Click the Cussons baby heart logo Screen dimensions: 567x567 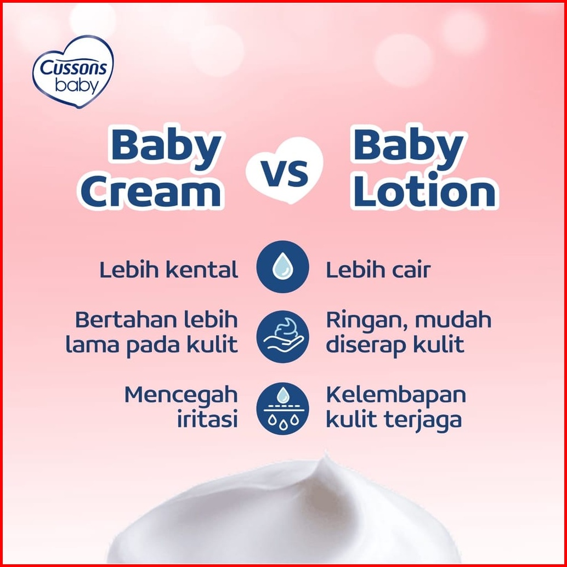pos(73,71)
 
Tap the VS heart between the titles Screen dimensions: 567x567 pos(285,171)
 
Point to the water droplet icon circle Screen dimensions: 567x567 pos(283,267)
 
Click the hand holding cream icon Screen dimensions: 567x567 pos(283,336)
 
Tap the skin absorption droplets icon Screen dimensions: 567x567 pos(283,409)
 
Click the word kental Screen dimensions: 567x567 pos(202,270)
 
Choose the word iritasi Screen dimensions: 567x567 pos(208,419)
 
